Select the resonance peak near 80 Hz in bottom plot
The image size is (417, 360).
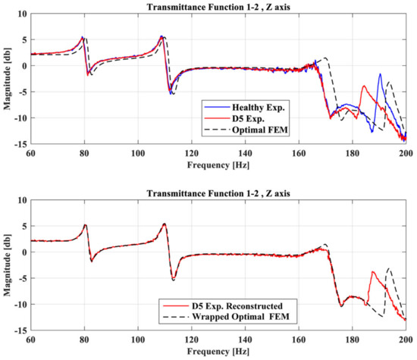tap(85, 224)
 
